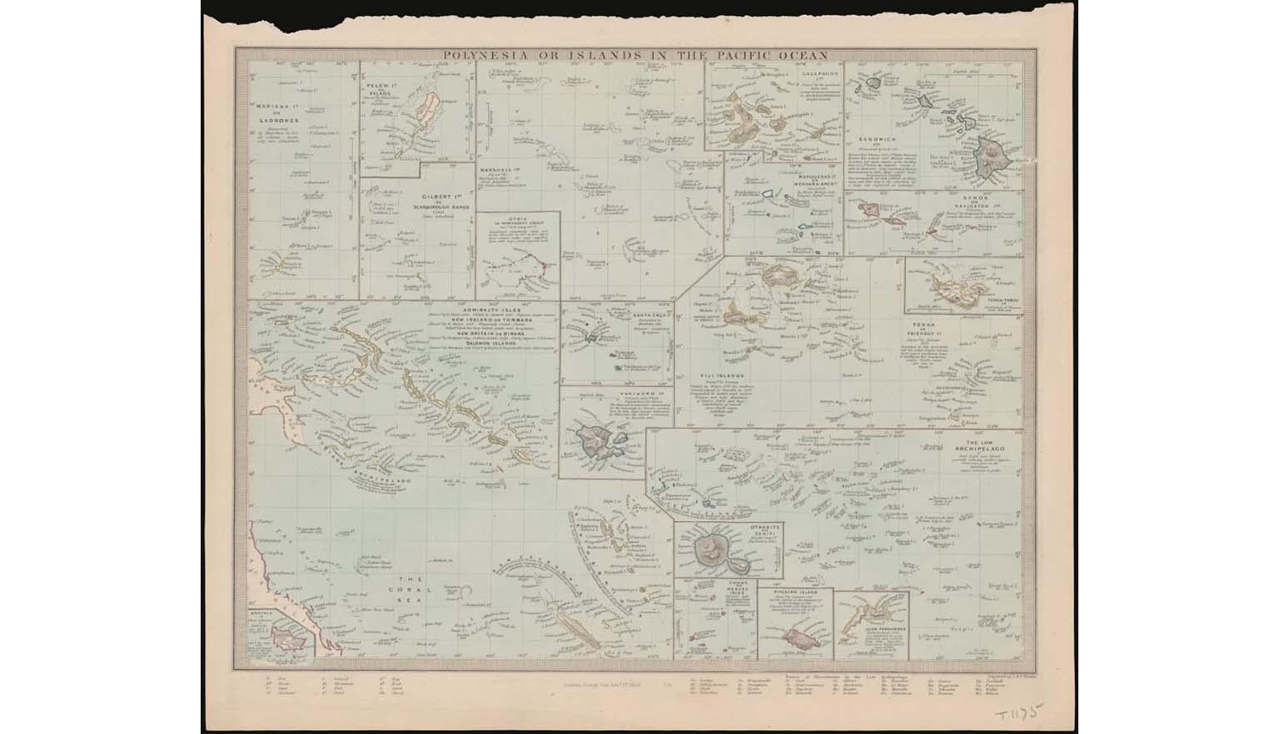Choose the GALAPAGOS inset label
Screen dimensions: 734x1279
[814, 73]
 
